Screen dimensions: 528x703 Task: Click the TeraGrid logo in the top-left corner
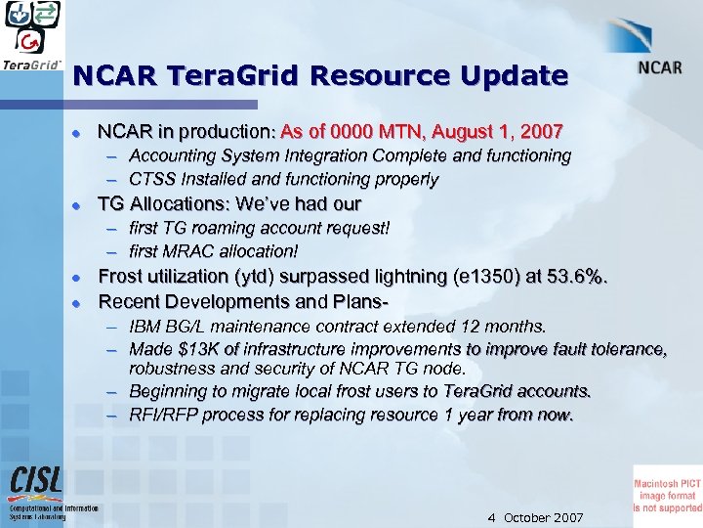tap(34, 37)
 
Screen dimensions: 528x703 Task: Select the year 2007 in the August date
tap(542, 131)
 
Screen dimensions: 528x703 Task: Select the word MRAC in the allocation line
tap(190, 252)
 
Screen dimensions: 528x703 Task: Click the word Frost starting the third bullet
tap(124, 277)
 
